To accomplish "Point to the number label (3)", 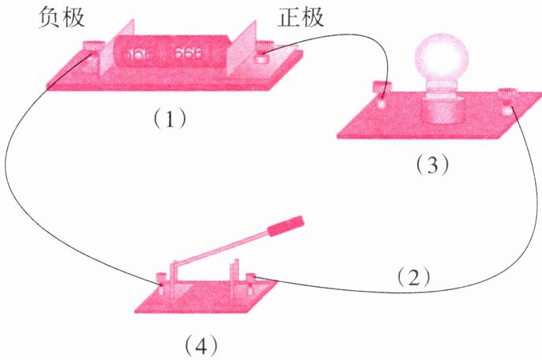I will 432,165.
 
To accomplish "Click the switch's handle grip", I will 287,227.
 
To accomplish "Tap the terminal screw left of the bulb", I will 383,89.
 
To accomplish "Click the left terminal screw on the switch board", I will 161,277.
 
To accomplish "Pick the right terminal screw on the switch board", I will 251,277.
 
